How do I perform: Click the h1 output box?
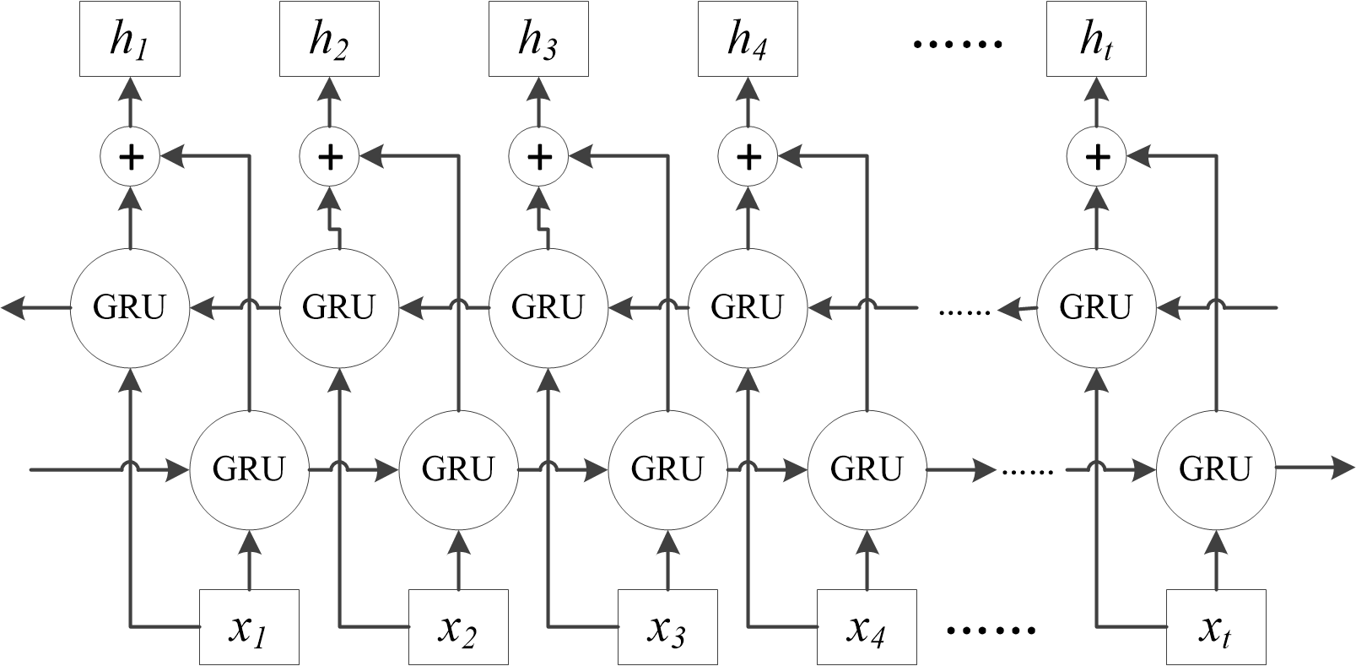pyautogui.click(x=130, y=40)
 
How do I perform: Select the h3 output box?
pyautogui.click(x=539, y=40)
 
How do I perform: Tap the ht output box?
pyautogui.click(x=1096, y=40)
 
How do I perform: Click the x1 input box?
pyautogui.click(x=249, y=626)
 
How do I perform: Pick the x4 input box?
pyautogui.click(x=867, y=626)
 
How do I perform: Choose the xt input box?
pyautogui.click(x=1216, y=626)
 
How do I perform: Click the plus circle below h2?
pyautogui.click(x=330, y=156)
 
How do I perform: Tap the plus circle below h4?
pyautogui.click(x=747, y=156)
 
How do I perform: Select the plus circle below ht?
pyautogui.click(x=1096, y=156)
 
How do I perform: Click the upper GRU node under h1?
pyautogui.click(x=129, y=307)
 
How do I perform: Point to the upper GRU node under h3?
pyautogui.click(x=547, y=307)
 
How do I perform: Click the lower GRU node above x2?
pyautogui.click(x=457, y=468)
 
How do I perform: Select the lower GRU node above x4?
pyautogui.click(x=867, y=468)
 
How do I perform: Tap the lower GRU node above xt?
pyautogui.click(x=1215, y=468)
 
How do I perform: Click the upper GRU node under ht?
pyautogui.click(x=1094, y=307)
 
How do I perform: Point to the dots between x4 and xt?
pyautogui.click(x=991, y=630)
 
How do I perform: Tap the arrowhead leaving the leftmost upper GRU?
pyautogui.click(x=14, y=308)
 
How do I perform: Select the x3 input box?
pyautogui.click(x=667, y=626)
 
